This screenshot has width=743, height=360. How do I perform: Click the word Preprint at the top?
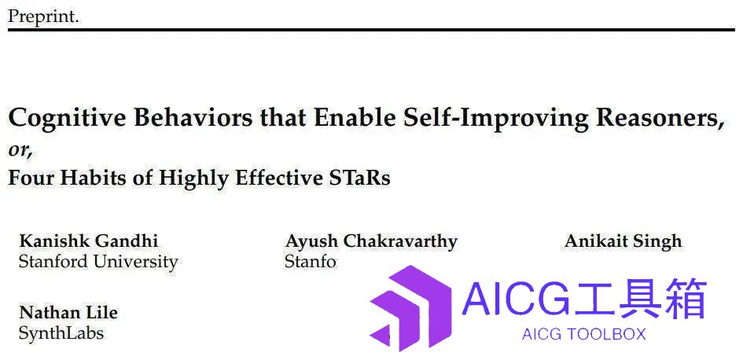click(43, 17)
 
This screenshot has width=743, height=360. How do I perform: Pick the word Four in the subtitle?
click(31, 178)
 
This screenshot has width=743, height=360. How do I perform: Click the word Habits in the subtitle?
click(91, 178)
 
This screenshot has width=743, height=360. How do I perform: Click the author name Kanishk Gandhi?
click(89, 241)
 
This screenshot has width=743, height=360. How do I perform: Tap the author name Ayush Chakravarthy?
click(371, 242)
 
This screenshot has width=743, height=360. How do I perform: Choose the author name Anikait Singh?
click(623, 242)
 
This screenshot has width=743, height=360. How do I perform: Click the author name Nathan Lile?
click(68, 313)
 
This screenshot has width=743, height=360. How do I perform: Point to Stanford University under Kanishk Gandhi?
click(98, 262)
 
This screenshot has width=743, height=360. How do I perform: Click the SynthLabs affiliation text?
click(61, 333)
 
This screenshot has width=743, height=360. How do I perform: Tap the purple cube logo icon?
click(411, 308)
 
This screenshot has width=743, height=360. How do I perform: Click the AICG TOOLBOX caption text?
click(583, 334)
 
